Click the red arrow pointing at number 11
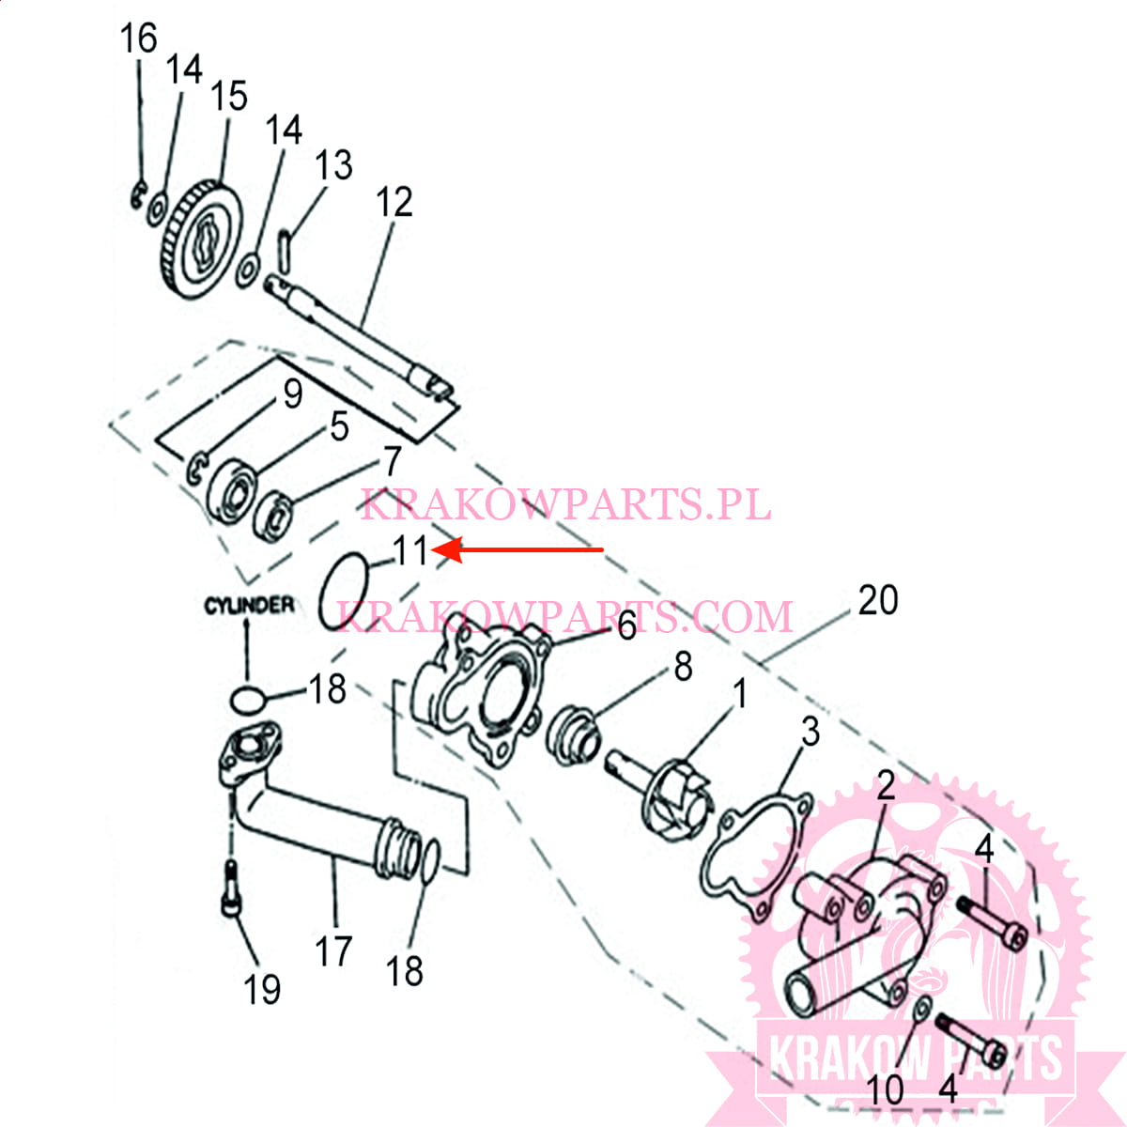pyautogui.click(x=517, y=549)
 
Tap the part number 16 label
pyautogui.click(x=139, y=39)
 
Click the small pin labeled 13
pyautogui.click(x=285, y=252)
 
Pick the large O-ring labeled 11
pyautogui.click(x=345, y=591)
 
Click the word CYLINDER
pyautogui.click(x=249, y=606)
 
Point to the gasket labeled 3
pyautogui.click(x=754, y=856)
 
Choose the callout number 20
pyautogui.click(x=878, y=600)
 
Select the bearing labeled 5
pyautogui.click(x=233, y=490)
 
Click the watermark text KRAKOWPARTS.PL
pyautogui.click(x=565, y=504)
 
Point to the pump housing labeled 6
pyautogui.click(x=481, y=689)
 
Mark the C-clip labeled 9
pyautogui.click(x=194, y=468)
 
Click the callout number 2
pyautogui.click(x=886, y=787)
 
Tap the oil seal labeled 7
pyautogui.click(x=273, y=516)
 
